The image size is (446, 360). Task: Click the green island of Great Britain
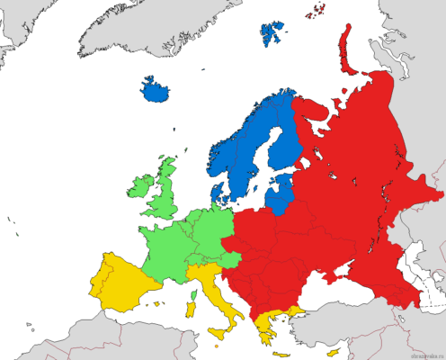(164, 193)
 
